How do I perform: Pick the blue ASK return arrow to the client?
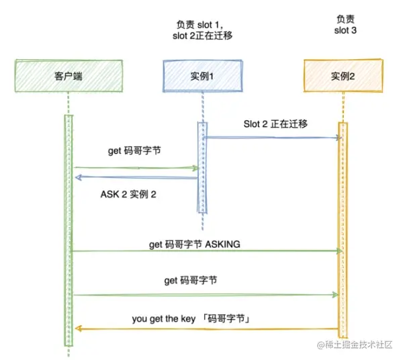coord(134,177)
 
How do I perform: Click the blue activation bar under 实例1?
coord(201,165)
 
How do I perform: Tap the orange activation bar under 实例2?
coord(343,228)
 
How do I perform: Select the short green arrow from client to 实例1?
coord(134,167)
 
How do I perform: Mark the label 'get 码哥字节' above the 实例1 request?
coord(135,151)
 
